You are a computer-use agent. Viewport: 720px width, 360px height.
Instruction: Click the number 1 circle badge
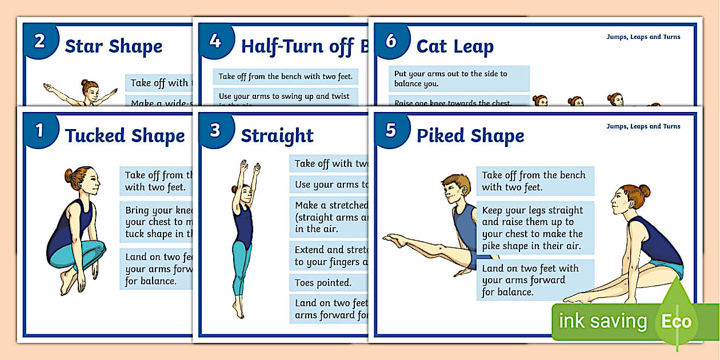[x=39, y=131]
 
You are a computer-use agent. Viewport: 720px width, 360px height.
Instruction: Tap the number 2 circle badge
[x=39, y=42]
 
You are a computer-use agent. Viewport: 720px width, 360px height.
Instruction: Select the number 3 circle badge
[x=215, y=131]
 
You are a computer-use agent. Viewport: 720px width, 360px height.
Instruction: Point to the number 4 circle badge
[x=215, y=42]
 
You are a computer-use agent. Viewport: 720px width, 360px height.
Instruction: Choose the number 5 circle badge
[x=391, y=131]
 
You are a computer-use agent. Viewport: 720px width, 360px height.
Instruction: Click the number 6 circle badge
[x=391, y=42]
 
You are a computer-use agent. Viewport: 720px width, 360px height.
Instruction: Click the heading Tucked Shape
[x=125, y=136]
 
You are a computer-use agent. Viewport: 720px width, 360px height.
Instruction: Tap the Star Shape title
[x=113, y=46]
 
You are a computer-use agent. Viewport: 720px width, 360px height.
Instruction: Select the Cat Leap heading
[x=455, y=46]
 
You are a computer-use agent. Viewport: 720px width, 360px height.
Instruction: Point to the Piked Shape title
[x=470, y=136]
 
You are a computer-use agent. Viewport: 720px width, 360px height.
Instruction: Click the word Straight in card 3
[x=277, y=136]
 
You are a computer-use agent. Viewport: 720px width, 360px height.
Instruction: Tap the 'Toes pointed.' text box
[x=323, y=283]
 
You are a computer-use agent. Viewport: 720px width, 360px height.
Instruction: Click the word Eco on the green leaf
[x=676, y=321]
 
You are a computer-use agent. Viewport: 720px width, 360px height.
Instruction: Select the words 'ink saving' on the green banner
[x=602, y=321]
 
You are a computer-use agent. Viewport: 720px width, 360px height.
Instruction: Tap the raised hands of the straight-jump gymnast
[x=250, y=167]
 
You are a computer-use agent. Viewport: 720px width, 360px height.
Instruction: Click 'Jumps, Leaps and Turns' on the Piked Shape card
[x=643, y=126]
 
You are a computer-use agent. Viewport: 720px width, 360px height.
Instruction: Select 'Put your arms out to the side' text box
[x=459, y=79]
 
